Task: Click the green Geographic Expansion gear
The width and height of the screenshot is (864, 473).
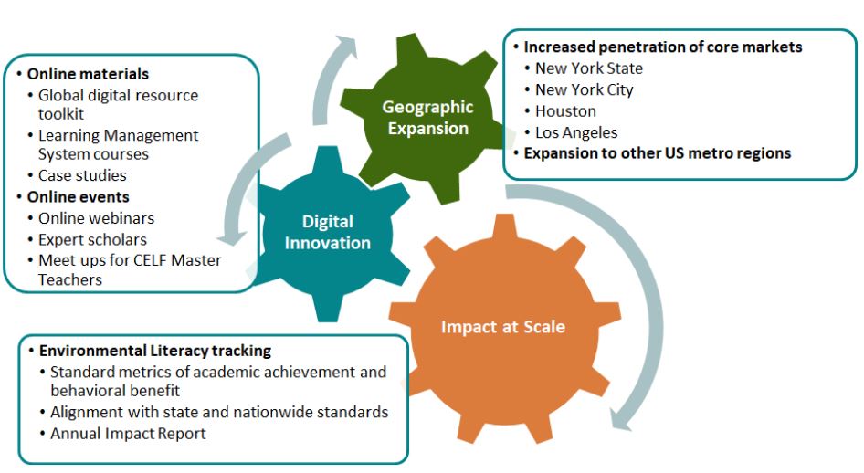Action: (427, 119)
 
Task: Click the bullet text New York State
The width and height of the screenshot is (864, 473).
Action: (589, 68)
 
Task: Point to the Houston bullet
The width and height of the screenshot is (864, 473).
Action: (565, 111)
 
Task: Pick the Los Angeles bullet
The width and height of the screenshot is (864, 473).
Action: (576, 132)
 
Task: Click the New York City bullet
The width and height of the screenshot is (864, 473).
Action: (585, 89)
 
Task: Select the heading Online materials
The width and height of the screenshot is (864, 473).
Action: (88, 74)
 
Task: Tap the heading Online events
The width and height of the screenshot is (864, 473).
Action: (79, 197)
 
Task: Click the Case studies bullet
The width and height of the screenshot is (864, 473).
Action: (82, 175)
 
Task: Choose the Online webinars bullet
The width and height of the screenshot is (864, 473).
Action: (96, 218)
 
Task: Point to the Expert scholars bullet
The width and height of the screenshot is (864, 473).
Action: (92, 240)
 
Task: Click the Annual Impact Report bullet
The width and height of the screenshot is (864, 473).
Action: (128, 434)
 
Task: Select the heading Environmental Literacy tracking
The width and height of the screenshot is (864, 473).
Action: (155, 351)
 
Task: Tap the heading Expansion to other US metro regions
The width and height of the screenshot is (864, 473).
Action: (657, 153)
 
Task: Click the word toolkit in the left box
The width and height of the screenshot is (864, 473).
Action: (60, 114)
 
